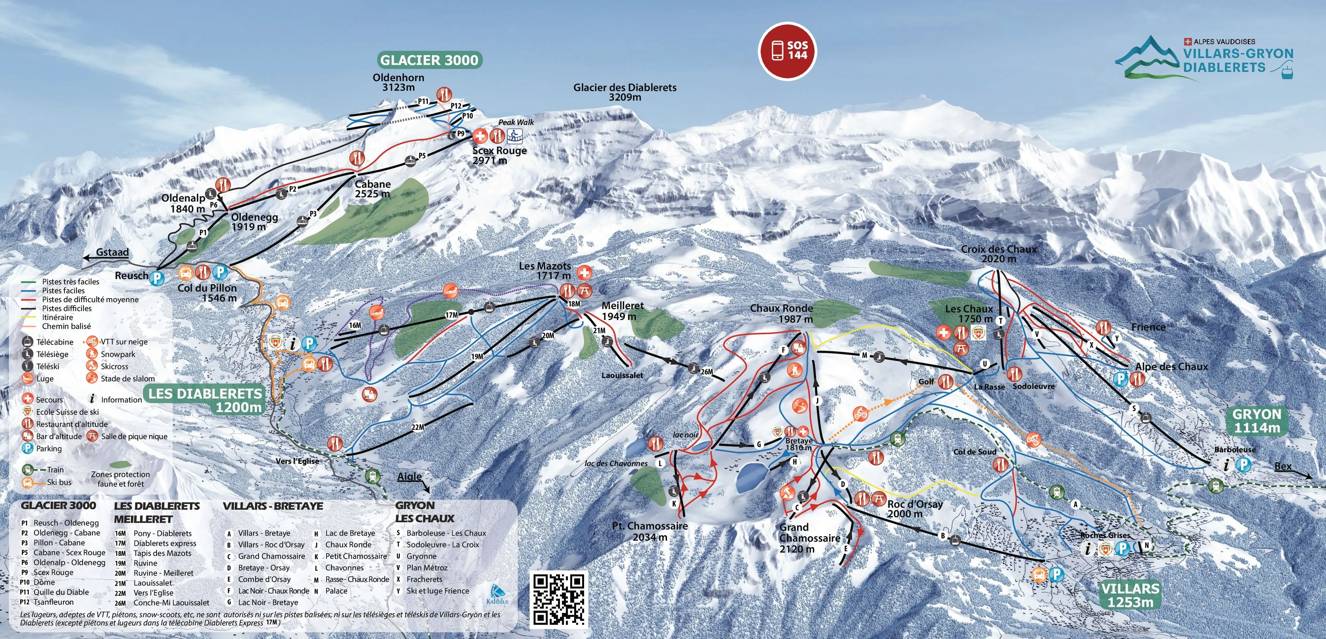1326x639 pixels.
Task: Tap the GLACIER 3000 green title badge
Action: pos(429,60)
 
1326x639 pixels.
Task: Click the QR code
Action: pos(559,599)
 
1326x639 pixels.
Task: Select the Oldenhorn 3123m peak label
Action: pos(398,82)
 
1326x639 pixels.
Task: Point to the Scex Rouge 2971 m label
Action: pos(499,155)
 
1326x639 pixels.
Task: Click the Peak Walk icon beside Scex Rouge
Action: pos(515,136)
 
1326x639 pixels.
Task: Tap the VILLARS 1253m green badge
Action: pos(1130,595)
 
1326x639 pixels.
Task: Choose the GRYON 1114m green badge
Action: pos(1256,420)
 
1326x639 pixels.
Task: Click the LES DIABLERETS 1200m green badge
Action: pos(206,400)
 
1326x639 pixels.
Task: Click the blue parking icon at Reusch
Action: pos(156,278)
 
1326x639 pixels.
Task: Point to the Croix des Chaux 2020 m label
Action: pos(998,254)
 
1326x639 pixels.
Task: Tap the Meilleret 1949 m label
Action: pos(622,311)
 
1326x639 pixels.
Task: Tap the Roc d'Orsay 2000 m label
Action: pos(915,508)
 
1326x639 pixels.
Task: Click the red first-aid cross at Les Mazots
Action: pos(584,272)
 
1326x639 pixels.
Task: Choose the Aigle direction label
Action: pos(409,476)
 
